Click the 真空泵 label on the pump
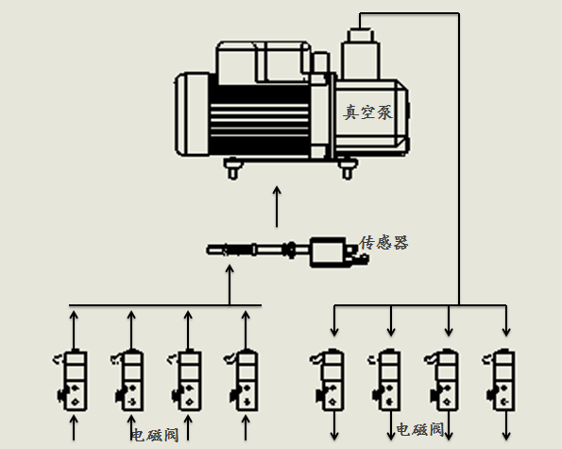tap(367, 112)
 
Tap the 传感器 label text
tap(383, 243)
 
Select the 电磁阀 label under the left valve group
tap(155, 435)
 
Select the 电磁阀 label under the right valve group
tap(420, 429)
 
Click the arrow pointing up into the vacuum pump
tap(277, 206)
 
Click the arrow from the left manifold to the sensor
tap(230, 285)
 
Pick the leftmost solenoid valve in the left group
tap(72, 380)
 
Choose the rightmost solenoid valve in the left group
tap(243, 380)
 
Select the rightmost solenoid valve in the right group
tap(501, 380)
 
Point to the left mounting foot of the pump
tap(233, 168)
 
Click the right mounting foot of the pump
tap(347, 168)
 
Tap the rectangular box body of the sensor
tap(328, 252)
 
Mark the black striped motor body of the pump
tap(260, 121)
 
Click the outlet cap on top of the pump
tap(361, 36)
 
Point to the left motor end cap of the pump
tap(192, 114)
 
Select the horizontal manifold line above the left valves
tap(165, 305)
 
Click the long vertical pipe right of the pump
tap(459, 159)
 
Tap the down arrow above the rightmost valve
tap(506, 321)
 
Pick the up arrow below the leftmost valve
tap(74, 427)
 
